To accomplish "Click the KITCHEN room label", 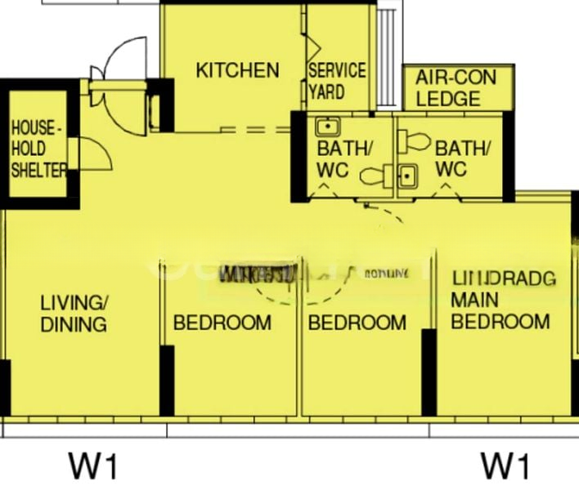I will tap(237, 70).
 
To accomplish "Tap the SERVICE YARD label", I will tap(336, 81).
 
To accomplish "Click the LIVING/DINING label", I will tap(74, 314).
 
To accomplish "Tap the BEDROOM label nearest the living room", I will tap(222, 323).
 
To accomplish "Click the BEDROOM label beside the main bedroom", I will tap(357, 323).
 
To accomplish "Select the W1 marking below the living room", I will tap(93, 466).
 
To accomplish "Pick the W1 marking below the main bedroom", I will tap(505, 466).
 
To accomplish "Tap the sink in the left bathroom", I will tap(328, 127).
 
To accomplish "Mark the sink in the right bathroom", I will tap(406, 176).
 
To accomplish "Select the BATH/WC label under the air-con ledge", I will tap(462, 158).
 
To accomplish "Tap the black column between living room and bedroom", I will tap(167, 380).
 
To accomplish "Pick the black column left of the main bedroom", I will tap(428, 372).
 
